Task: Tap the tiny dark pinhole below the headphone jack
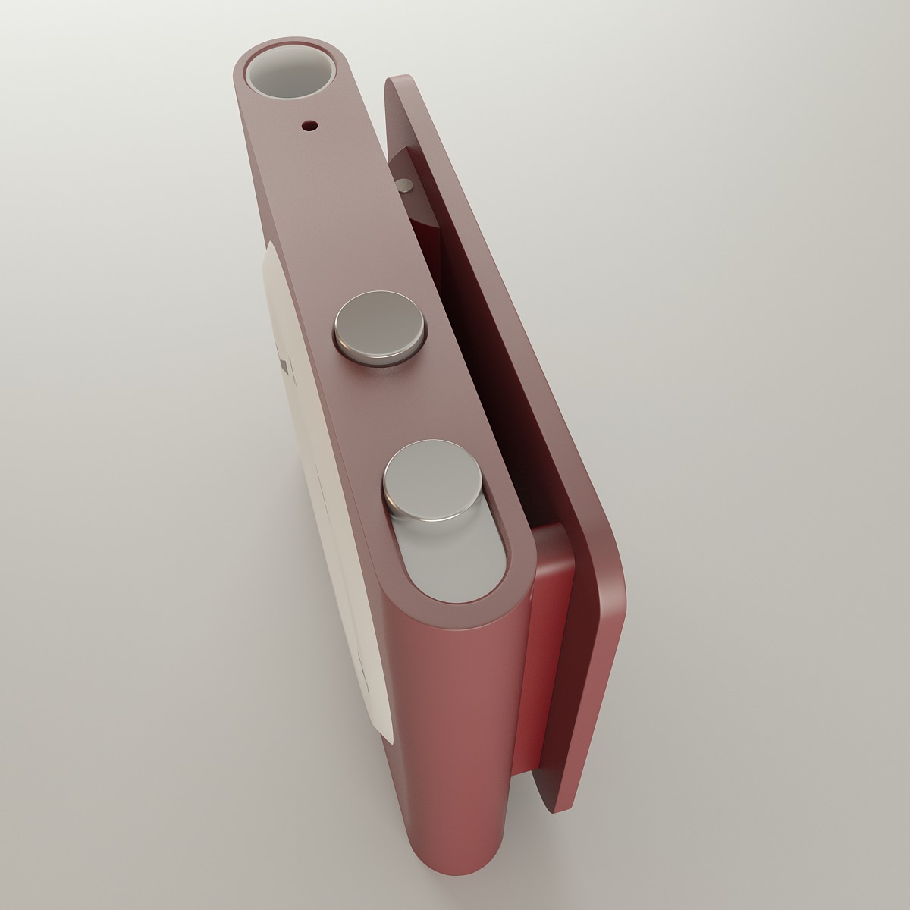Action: [x=308, y=126]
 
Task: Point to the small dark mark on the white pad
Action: [x=284, y=367]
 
